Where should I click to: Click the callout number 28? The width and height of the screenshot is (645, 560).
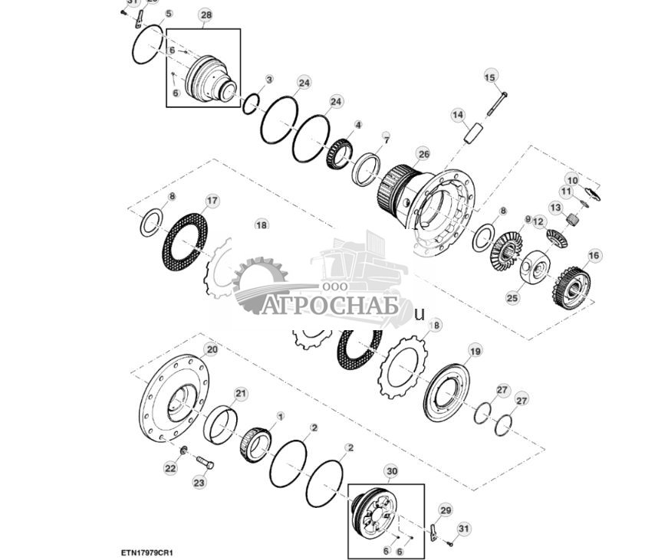[206, 15]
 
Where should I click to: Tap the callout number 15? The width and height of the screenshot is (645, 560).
[491, 76]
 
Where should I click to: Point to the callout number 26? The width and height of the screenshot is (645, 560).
[423, 154]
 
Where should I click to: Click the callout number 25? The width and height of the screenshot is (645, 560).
[512, 297]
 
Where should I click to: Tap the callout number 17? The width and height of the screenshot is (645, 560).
[212, 201]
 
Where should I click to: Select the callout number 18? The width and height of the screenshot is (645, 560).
[262, 225]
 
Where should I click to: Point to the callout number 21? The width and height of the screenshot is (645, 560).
[241, 394]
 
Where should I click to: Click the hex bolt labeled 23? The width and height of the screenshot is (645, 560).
[205, 463]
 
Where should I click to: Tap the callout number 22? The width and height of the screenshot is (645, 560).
[170, 468]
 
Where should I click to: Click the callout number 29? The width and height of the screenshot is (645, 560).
[446, 509]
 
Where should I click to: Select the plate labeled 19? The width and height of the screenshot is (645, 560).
[449, 391]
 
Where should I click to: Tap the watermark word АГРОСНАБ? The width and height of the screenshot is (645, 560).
[330, 307]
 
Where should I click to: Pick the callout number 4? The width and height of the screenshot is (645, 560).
[358, 124]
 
